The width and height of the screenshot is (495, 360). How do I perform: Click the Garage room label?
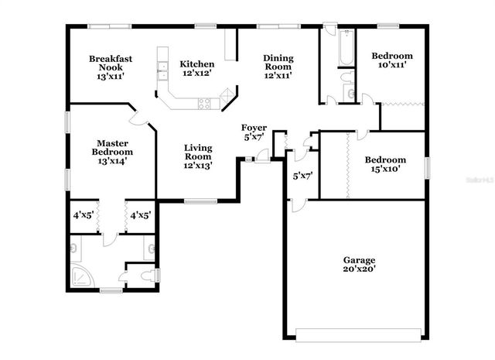pyautogui.click(x=360, y=260)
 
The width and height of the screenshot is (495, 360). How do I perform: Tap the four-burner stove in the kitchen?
pyautogui.click(x=205, y=103)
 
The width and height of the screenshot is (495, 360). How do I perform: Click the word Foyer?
pyautogui.click(x=254, y=128)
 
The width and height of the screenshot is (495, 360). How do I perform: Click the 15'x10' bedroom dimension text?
pyautogui.click(x=382, y=170)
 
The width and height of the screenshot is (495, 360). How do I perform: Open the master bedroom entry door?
pyautogui.click(x=140, y=118)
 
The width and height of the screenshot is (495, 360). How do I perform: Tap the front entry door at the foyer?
pyautogui.click(x=263, y=159)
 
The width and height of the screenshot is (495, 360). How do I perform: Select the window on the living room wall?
pyautogui.click(x=200, y=202)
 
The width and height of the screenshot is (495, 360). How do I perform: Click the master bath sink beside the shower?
pyautogui.click(x=73, y=249)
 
